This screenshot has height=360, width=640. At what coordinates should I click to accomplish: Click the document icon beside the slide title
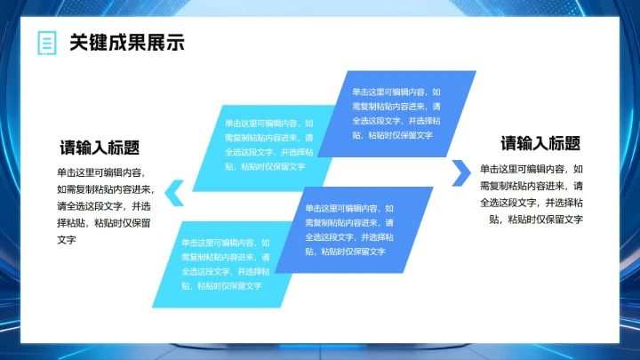[x=45, y=43]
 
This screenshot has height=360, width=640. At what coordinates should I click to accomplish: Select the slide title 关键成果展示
[x=126, y=43]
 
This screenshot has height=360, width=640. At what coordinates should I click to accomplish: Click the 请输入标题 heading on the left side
[x=100, y=148]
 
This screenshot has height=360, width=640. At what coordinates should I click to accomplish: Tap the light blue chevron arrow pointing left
[x=175, y=188]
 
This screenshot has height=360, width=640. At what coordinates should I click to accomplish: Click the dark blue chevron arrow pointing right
[x=460, y=172]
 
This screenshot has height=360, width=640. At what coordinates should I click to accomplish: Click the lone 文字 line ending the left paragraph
[x=67, y=240]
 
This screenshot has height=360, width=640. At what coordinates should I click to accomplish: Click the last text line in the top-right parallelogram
[x=393, y=135]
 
